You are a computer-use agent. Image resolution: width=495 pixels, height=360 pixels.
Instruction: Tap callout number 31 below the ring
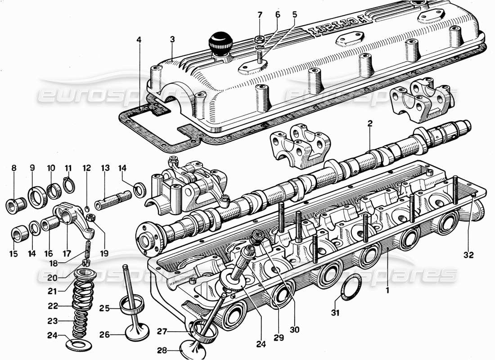click(336, 313)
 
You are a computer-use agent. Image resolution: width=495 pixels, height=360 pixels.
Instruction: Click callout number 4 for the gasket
click(139, 40)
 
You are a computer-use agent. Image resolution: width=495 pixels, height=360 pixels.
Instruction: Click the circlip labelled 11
click(68, 185)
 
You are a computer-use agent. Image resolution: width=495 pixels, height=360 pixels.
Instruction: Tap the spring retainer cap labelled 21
click(85, 274)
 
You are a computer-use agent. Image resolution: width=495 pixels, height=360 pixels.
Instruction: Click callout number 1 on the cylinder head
click(387, 291)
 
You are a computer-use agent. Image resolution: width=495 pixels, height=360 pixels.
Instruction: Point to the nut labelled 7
click(260, 39)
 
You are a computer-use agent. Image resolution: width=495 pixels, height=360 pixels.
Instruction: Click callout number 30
click(295, 329)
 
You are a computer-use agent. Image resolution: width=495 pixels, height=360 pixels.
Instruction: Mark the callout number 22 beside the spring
click(53, 306)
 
